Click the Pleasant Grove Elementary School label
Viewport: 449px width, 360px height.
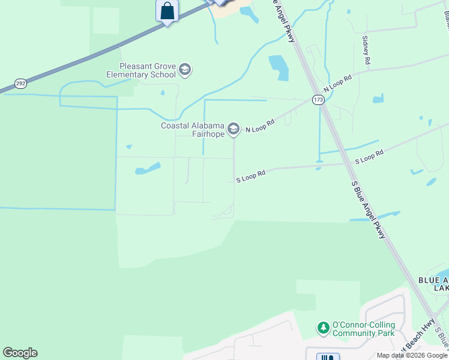pos(148,70)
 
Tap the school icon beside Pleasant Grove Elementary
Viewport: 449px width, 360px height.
pos(185,70)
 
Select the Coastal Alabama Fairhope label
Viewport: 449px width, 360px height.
pos(192,130)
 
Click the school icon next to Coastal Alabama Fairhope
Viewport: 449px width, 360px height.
pos(234,129)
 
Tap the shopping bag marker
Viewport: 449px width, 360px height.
pos(167,11)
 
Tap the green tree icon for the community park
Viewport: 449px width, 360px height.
pos(324,328)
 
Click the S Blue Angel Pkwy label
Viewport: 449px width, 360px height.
pos(369,210)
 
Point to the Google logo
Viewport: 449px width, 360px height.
pos(20,353)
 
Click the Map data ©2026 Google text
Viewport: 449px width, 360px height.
pos(411,355)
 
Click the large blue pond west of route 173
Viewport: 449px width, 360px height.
pos(279,67)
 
